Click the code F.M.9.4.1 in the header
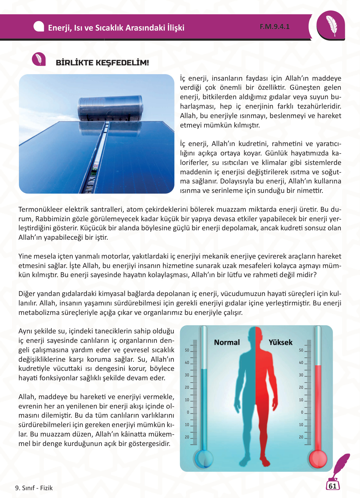click(x=274, y=27)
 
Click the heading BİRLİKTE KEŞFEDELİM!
click(x=102, y=63)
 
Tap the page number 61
click(x=332, y=486)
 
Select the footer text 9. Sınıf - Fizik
click(x=34, y=488)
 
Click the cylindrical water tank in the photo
click(x=110, y=108)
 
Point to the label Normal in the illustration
click(x=227, y=343)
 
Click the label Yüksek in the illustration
click(x=281, y=343)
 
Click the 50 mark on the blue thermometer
click(x=187, y=350)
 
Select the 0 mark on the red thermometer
click(x=302, y=412)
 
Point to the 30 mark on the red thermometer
click(x=301, y=375)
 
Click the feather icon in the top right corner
click(x=331, y=26)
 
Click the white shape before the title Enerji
click(x=39, y=27)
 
